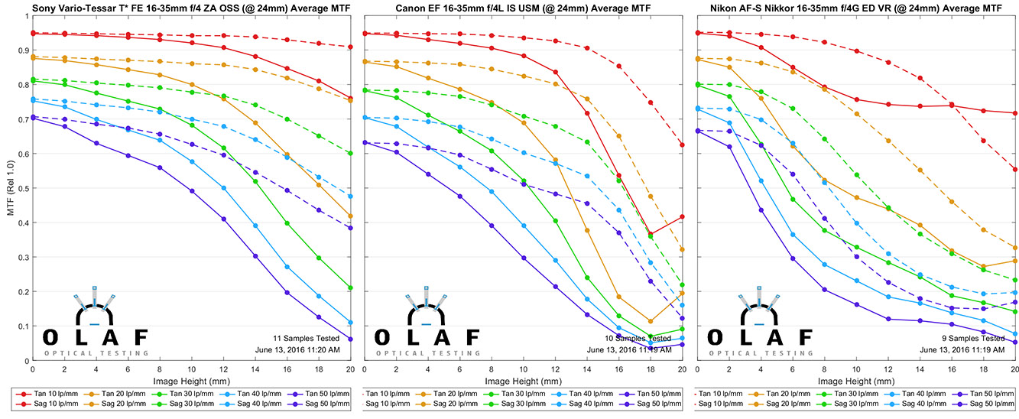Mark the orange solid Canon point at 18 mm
coord(650,321)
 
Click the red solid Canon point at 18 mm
coord(650,233)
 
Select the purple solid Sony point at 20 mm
coord(350,339)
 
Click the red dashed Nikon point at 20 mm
coord(1014,169)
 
